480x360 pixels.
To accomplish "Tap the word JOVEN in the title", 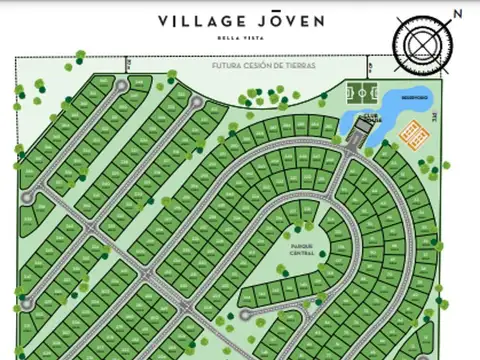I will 289,20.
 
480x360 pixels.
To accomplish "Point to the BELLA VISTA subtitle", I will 239,38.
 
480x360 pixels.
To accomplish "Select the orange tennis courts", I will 412,131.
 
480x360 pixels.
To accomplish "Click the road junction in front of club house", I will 348,146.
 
